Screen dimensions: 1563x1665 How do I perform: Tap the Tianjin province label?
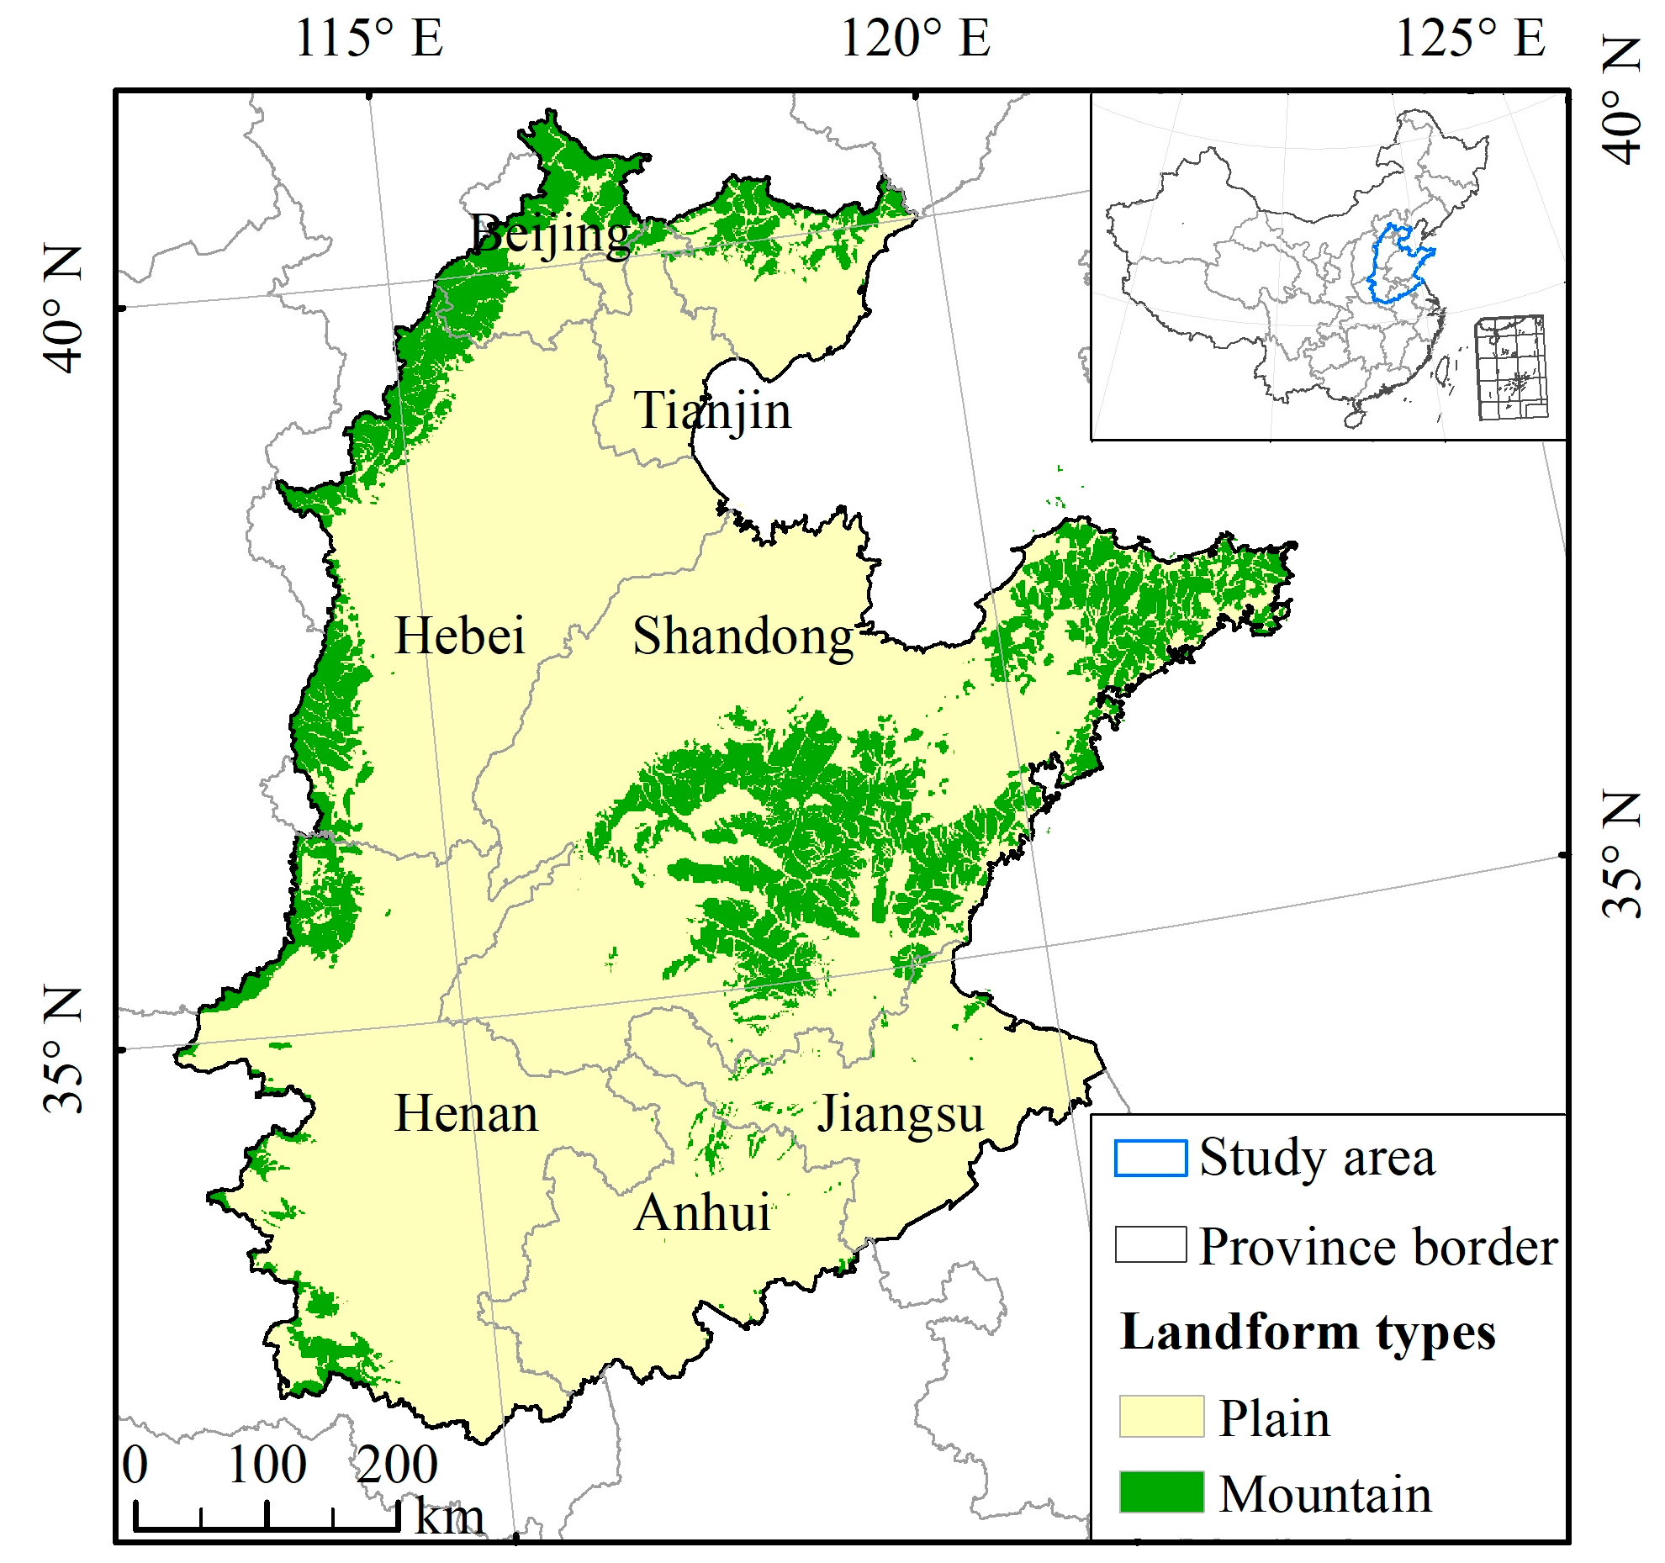point(712,411)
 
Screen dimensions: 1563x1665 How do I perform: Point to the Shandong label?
point(743,636)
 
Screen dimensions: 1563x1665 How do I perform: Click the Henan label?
point(466,1114)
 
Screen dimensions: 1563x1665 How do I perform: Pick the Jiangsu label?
point(900,1114)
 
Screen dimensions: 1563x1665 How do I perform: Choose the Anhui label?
point(702,1213)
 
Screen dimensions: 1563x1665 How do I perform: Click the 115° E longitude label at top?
point(369,39)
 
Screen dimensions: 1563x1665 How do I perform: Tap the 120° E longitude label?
point(916,39)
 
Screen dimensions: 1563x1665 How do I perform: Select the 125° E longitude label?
point(1470,39)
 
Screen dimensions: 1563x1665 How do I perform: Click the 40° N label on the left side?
point(64,309)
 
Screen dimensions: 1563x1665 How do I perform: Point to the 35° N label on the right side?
point(1621,854)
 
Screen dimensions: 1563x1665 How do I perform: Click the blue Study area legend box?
point(1150,1158)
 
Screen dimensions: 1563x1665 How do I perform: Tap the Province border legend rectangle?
point(1150,1244)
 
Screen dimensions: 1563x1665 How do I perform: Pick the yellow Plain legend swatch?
point(1161,1417)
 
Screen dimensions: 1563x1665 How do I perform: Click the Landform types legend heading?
point(1308,1333)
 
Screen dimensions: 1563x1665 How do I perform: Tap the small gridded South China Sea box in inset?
point(1511,367)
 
